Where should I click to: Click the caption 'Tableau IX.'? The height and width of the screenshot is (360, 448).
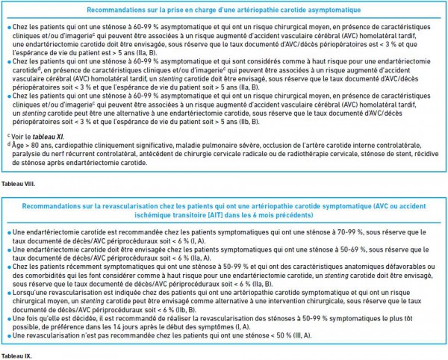tap(15, 356)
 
